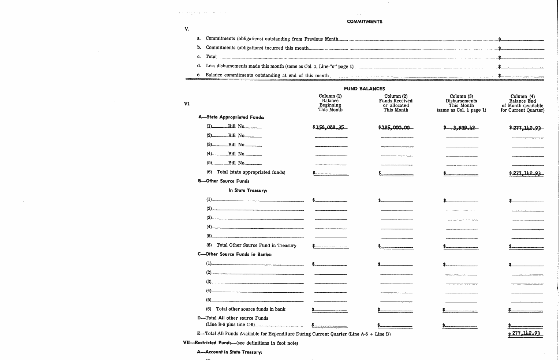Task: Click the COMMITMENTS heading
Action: [365, 22]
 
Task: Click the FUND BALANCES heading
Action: [364, 89]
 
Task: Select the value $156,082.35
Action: [330, 127]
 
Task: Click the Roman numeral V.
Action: [187, 29]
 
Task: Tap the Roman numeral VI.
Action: [187, 104]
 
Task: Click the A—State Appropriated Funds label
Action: [231, 117]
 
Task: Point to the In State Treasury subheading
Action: [248, 190]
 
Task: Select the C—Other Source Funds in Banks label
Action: [235, 254]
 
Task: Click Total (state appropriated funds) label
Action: [251, 172]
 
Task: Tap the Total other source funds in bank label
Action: [250, 309]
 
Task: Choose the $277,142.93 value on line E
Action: [526, 334]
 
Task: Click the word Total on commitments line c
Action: [211, 57]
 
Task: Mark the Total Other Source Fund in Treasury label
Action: [256, 245]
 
